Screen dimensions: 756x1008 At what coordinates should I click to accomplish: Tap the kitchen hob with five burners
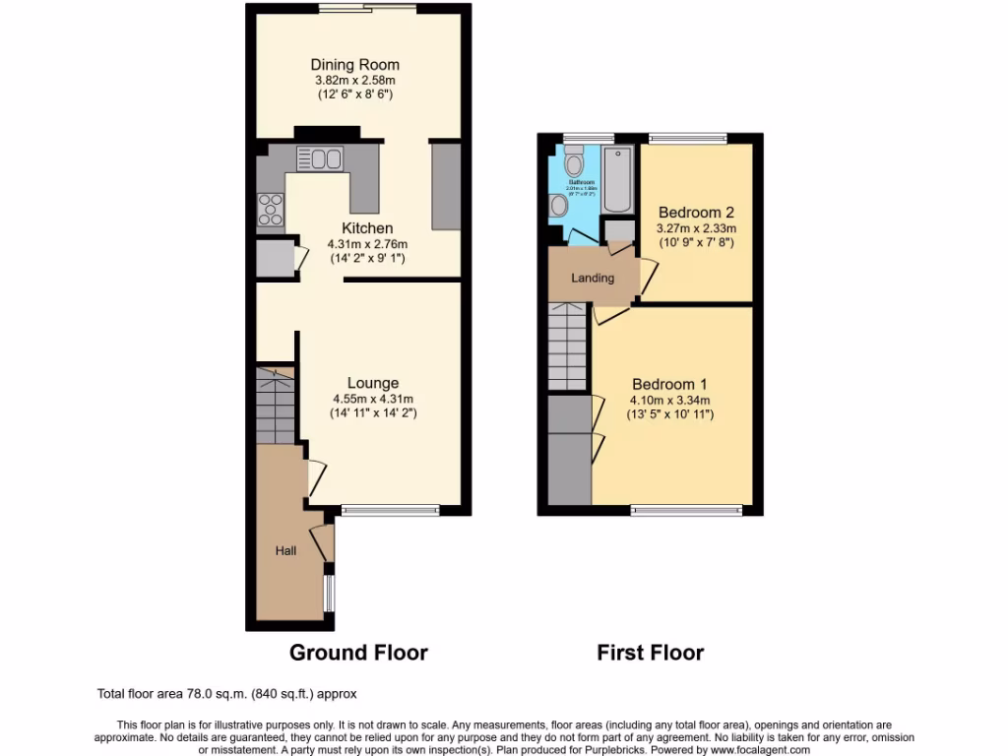pyautogui.click(x=270, y=209)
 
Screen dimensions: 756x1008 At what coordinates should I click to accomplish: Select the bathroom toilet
pyautogui.click(x=576, y=159)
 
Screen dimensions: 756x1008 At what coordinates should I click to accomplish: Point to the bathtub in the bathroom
pyautogui.click(x=617, y=179)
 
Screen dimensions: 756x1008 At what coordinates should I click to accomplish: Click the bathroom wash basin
pyautogui.click(x=559, y=205)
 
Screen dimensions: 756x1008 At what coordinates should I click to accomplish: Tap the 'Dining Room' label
pyautogui.click(x=355, y=65)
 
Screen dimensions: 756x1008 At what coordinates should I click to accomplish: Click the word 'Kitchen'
pyautogui.click(x=367, y=228)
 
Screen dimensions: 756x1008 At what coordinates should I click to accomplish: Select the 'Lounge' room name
pyautogui.click(x=372, y=383)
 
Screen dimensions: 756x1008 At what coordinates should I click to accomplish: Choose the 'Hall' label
pyautogui.click(x=285, y=551)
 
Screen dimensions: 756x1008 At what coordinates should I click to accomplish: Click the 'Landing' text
pyautogui.click(x=593, y=278)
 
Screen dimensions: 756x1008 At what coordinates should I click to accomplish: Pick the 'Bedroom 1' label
pyautogui.click(x=669, y=384)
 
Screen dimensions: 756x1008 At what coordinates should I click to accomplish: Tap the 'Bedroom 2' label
pyautogui.click(x=696, y=212)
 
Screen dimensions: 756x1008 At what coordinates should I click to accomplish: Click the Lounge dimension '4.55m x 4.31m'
pyautogui.click(x=372, y=400)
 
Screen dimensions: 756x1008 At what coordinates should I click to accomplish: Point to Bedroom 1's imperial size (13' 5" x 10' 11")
pyautogui.click(x=669, y=415)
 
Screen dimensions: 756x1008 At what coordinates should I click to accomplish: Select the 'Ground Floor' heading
pyautogui.click(x=358, y=652)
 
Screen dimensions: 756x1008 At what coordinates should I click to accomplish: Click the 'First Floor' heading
pyautogui.click(x=650, y=652)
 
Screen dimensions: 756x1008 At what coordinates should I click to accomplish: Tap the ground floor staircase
pyautogui.click(x=276, y=404)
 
